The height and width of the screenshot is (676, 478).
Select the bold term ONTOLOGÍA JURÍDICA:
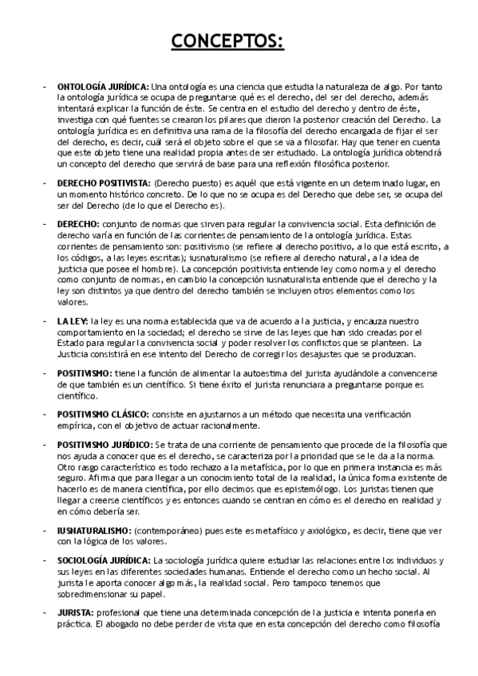pyautogui.click(x=102, y=86)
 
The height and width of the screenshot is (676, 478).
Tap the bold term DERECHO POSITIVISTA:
pyautogui.click(x=105, y=183)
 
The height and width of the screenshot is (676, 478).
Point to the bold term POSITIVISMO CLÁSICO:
pyautogui.click(x=103, y=415)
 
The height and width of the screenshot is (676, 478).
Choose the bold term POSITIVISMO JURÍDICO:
pyautogui.click(x=105, y=444)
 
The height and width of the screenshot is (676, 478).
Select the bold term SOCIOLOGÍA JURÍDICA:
pyautogui.click(x=104, y=560)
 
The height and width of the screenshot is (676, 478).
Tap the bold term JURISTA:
pyautogui.click(x=75, y=612)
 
